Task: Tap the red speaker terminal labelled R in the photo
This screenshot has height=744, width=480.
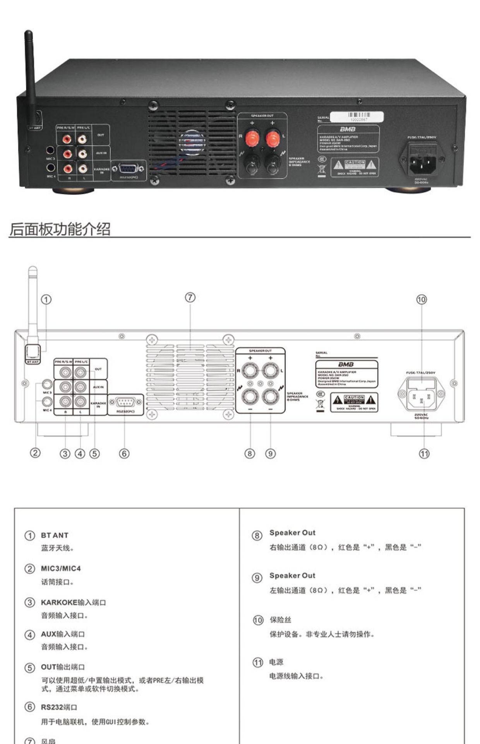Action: pyautogui.click(x=252, y=138)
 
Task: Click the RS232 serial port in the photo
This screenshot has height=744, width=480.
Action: pyautogui.click(x=128, y=169)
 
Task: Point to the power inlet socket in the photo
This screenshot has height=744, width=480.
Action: pyautogui.click(x=423, y=160)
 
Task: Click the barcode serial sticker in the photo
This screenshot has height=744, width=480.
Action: pyautogui.click(x=359, y=117)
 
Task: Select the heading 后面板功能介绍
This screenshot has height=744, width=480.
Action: pyautogui.click(x=60, y=229)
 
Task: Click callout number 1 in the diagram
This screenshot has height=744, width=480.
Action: pyautogui.click(x=46, y=300)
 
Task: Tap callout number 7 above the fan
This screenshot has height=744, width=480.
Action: pyautogui.click(x=190, y=298)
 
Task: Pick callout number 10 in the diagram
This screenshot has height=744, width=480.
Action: pyautogui.click(x=421, y=300)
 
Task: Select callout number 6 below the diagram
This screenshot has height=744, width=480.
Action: pyautogui.click(x=124, y=453)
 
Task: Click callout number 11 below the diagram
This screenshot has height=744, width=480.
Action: pyautogui.click(x=424, y=453)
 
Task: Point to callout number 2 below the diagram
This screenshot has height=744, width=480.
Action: pyautogui.click(x=35, y=453)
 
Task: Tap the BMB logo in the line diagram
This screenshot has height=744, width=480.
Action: pyautogui.click(x=346, y=365)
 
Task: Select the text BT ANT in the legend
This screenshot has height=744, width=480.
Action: pyautogui.click(x=55, y=536)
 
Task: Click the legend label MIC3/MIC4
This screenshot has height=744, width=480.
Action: pyautogui.click(x=61, y=568)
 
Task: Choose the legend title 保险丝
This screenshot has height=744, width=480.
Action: pyautogui.click(x=280, y=620)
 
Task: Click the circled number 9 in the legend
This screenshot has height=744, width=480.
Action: pyautogui.click(x=257, y=578)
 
